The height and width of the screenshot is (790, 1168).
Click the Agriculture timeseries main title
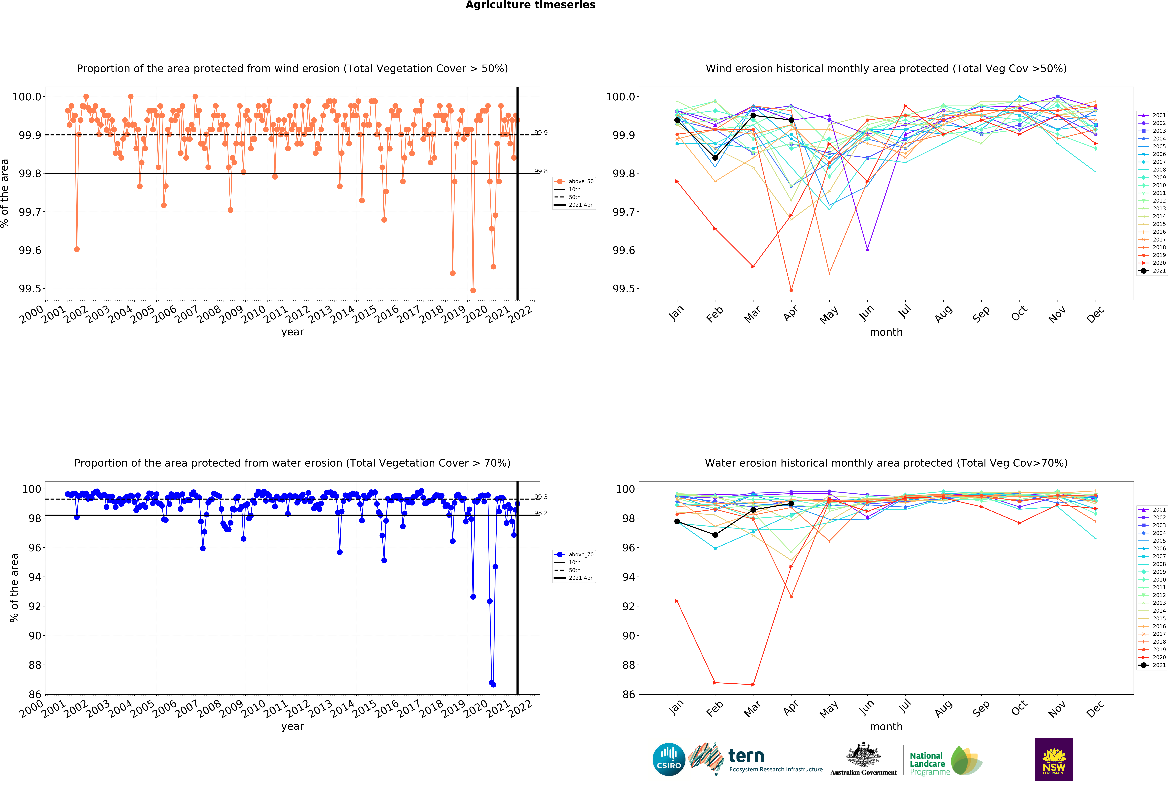pyautogui.click(x=530, y=5)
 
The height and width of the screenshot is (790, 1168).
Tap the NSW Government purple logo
pyautogui.click(x=1054, y=759)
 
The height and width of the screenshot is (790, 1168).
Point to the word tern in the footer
pyautogui.click(x=746, y=756)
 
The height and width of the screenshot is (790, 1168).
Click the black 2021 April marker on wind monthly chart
pyautogui.click(x=791, y=120)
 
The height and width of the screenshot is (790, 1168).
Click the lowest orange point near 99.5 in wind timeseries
pyautogui.click(x=473, y=290)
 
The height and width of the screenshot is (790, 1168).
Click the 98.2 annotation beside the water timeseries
pyautogui.click(x=541, y=513)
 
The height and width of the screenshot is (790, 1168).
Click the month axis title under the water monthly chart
pyautogui.click(x=886, y=727)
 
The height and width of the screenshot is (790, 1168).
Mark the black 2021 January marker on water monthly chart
pyautogui.click(x=677, y=521)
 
